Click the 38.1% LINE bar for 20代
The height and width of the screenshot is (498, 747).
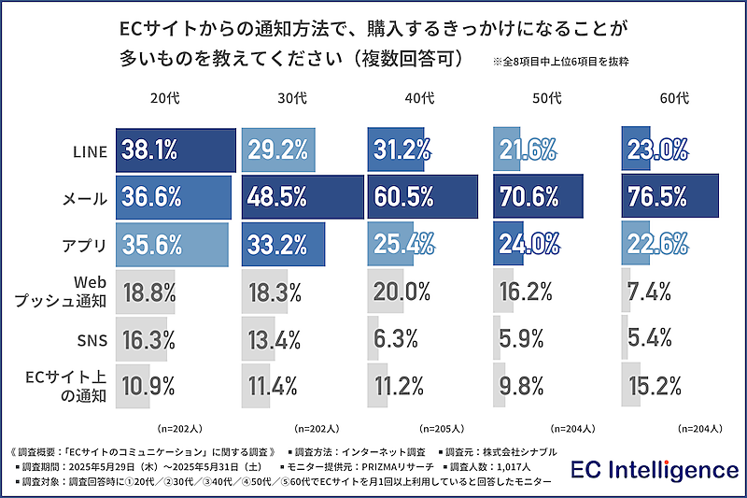pos(176,149)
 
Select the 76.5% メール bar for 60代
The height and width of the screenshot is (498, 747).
pos(669,197)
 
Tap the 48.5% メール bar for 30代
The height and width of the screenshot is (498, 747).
pos(301,197)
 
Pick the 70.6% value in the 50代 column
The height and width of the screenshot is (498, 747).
pos(528,197)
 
